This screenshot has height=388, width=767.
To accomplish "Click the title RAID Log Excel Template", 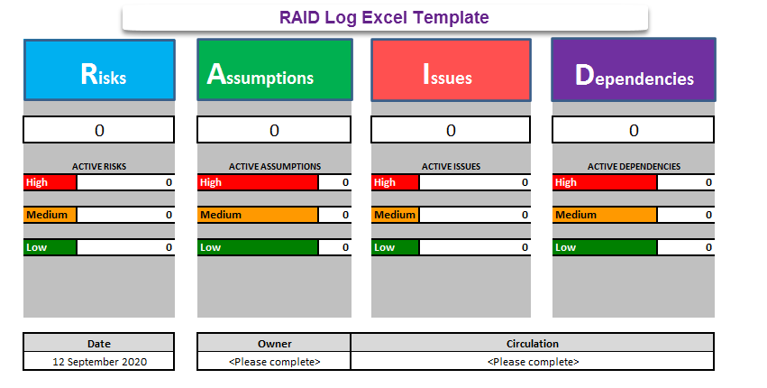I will [384, 17].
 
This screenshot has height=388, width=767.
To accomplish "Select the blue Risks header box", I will [98, 69].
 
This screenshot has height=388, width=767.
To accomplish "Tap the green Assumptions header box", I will [274, 69].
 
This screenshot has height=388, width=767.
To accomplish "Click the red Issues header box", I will [450, 69].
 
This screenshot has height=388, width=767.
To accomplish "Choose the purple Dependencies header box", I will [634, 69].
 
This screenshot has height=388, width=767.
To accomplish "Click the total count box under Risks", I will [98, 130].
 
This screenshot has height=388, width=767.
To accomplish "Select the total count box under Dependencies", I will [634, 130].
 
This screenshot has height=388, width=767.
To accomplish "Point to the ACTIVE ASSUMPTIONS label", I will [274, 166].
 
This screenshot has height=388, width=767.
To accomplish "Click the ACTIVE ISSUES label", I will [450, 166].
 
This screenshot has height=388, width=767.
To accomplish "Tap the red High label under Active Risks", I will [50, 182].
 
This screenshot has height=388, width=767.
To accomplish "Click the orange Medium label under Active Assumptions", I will [258, 215].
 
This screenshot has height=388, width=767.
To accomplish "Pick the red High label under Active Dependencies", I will [605, 182].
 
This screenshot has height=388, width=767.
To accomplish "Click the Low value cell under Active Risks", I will [125, 247].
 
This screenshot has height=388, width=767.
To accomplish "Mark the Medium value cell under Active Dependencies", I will [686, 215].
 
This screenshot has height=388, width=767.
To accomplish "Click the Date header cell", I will [98, 343].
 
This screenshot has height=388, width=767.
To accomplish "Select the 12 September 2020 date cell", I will [98, 361].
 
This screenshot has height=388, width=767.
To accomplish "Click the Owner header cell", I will [274, 343].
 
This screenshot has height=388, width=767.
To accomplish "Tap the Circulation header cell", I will [533, 343].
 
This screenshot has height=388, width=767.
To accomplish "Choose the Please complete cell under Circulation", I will [533, 361].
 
